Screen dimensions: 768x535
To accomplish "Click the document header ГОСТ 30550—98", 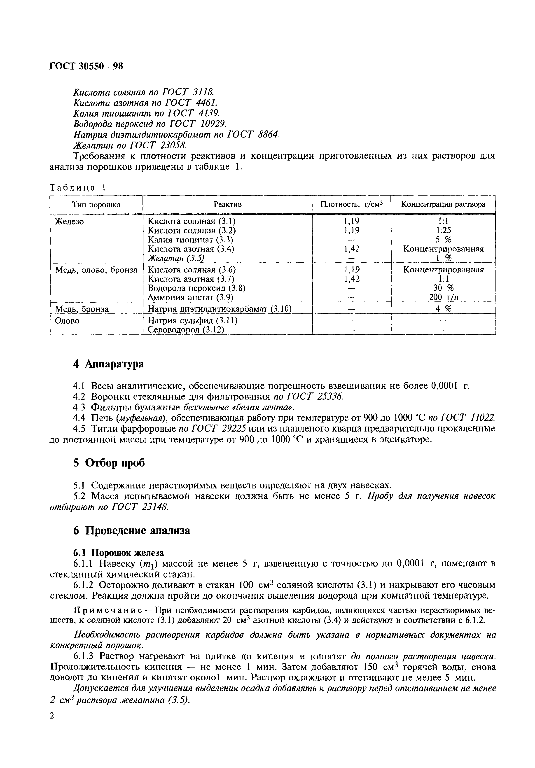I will click(x=86, y=66).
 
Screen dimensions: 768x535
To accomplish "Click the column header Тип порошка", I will click(x=96, y=204).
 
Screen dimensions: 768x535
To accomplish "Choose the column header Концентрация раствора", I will click(x=443, y=204).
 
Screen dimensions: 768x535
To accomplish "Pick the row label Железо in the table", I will click(x=69, y=222).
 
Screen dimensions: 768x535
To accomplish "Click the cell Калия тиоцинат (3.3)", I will click(x=190, y=240).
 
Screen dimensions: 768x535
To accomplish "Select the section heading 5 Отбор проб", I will click(x=109, y=463).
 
